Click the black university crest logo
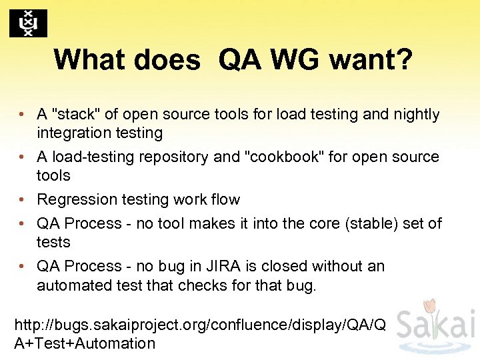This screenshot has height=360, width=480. tap(28, 23)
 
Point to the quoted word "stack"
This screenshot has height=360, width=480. tap(74, 115)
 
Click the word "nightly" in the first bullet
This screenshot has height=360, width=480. tap(416, 115)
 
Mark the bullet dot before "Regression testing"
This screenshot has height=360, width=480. tap(22, 200)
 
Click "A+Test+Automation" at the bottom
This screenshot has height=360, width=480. tap(85, 343)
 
